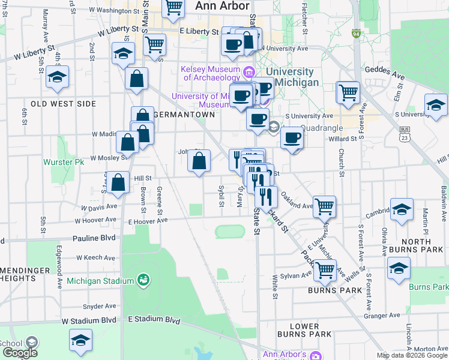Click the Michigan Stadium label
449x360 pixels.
100,281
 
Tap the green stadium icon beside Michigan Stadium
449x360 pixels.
143,280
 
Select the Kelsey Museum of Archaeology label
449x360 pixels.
210,73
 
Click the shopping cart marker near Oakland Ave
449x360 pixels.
324,206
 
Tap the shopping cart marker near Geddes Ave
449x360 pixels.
348,92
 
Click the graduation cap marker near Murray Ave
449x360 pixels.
58,76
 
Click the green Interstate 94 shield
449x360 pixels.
357,34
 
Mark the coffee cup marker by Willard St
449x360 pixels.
292,137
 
